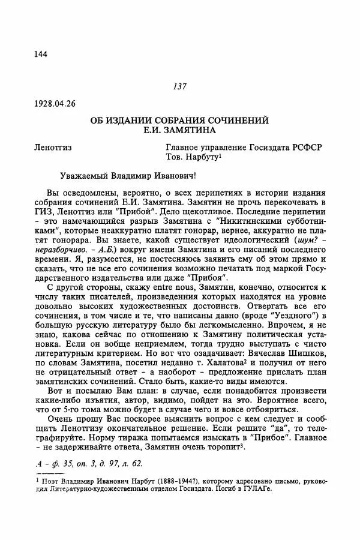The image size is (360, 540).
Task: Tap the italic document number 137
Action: pyautogui.click(x=180, y=86)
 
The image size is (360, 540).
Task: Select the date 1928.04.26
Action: pyautogui.click(x=56, y=103)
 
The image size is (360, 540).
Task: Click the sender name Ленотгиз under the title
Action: pyautogui.click(x=58, y=148)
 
